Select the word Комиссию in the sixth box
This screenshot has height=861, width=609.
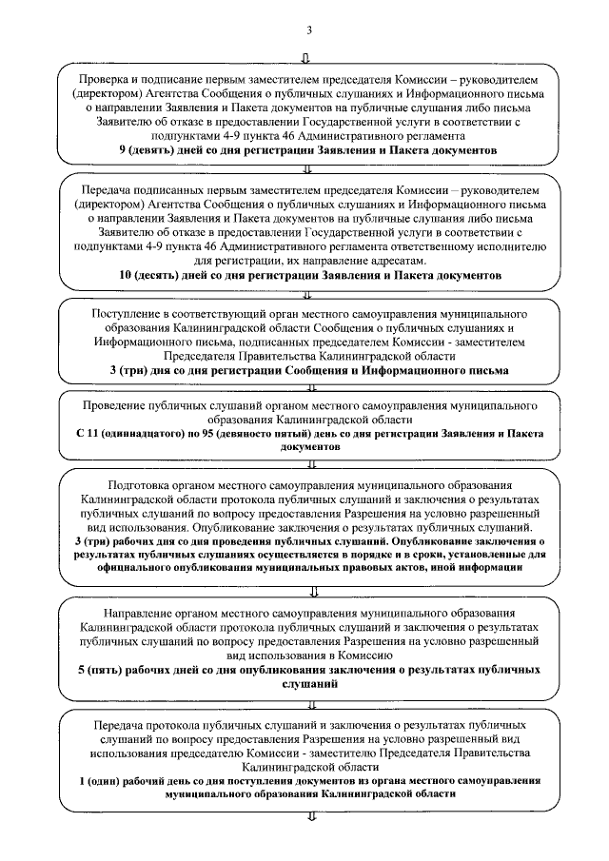pyautogui.click(x=364, y=656)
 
